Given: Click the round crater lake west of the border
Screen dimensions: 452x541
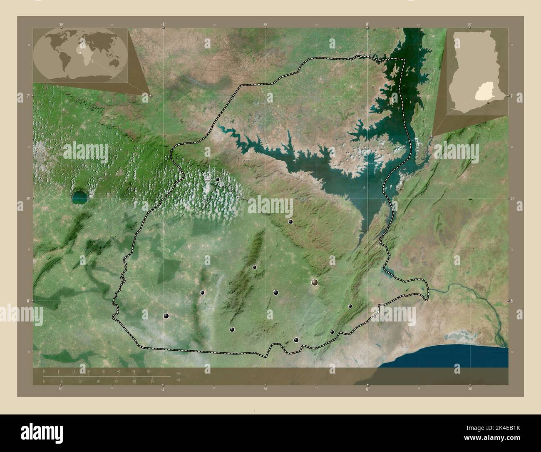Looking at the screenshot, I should (79, 198).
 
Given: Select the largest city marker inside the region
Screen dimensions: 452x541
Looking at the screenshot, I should (315, 283).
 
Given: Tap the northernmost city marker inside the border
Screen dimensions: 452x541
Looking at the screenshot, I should (217, 179).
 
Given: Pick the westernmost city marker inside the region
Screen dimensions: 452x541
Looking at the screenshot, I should (166, 316).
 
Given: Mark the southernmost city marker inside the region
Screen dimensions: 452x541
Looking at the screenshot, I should (296, 340).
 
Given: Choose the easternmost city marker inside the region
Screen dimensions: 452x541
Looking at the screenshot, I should (350, 306).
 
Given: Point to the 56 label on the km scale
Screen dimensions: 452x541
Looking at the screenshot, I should (149, 371).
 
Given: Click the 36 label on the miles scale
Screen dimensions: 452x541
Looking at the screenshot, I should (152, 381).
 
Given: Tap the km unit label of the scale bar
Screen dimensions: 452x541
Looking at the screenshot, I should (178, 372).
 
